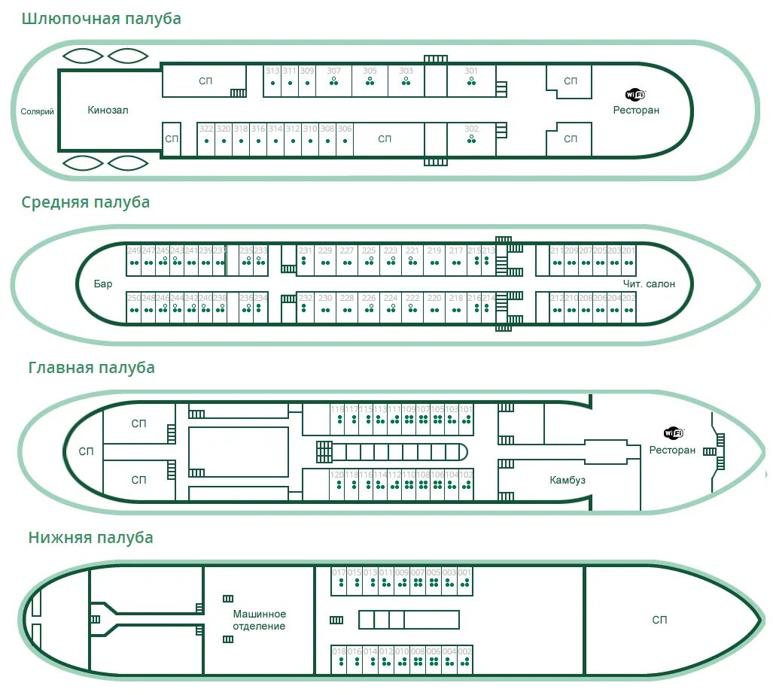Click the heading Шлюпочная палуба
tap(102, 19)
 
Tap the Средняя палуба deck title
tap(86, 202)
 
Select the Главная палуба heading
tap(92, 368)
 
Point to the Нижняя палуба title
tap(91, 538)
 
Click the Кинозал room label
tap(108, 110)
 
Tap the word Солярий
tap(38, 112)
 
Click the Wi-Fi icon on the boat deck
tap(635, 95)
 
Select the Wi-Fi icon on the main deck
tap(673, 433)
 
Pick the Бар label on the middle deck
tap(104, 284)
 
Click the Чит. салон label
tap(649, 284)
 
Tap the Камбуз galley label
tap(568, 480)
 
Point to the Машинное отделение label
tap(259, 620)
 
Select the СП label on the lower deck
tap(659, 620)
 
